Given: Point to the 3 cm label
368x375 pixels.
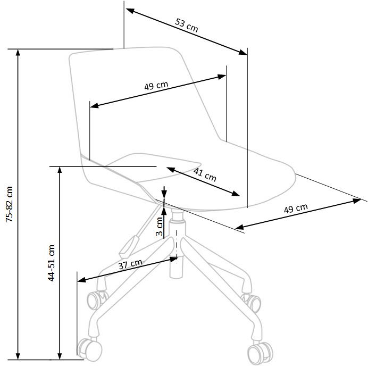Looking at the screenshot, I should [x=159, y=226].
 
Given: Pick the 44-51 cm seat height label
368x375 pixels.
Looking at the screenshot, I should [x=52, y=263].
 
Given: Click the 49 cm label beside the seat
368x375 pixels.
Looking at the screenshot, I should [x=295, y=209].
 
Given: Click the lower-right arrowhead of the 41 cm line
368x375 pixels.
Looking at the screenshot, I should [x=237, y=193].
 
